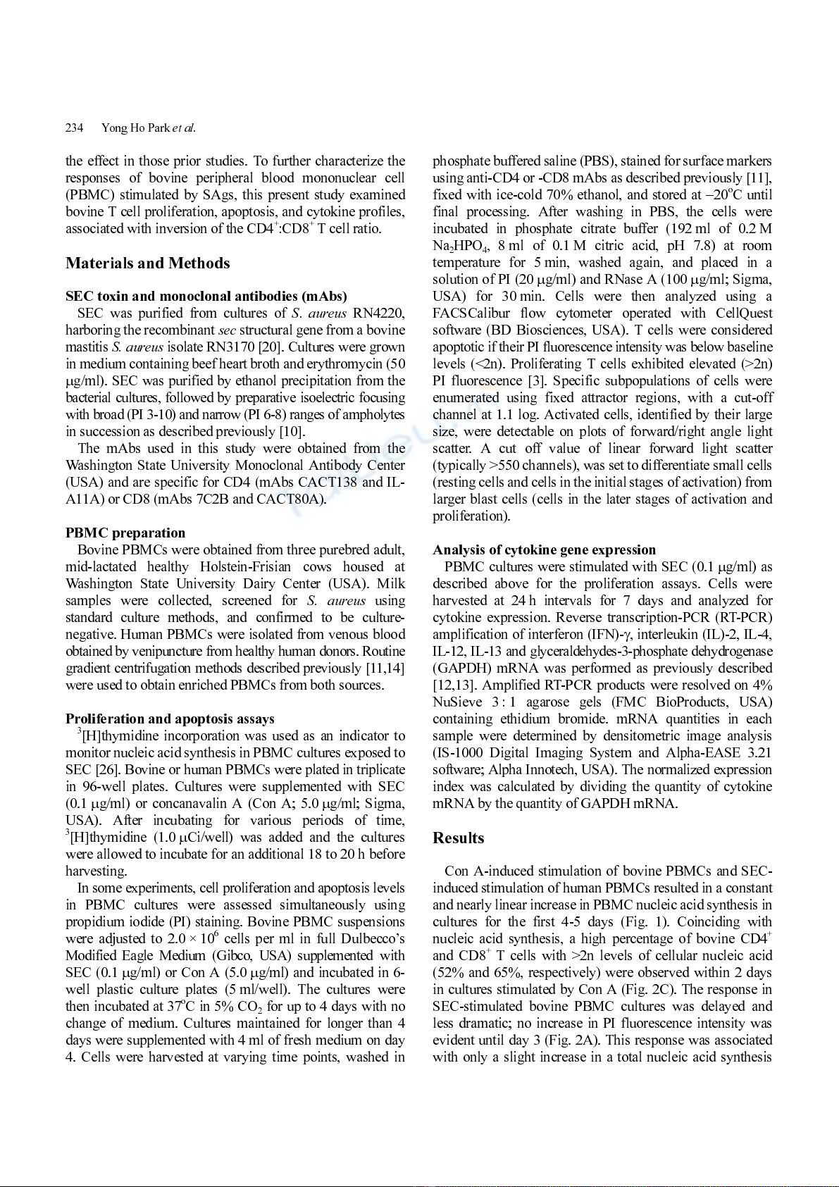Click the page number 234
tap(74, 128)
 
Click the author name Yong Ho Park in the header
tap(135, 128)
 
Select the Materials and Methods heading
tap(148, 263)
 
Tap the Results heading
tap(459, 838)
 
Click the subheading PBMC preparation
tap(125, 533)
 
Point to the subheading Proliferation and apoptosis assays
tap(170, 719)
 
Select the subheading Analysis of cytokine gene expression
tap(544, 550)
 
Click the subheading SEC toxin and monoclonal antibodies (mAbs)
tap(206, 297)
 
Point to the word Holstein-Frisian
tap(245, 567)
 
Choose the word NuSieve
tap(457, 702)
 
